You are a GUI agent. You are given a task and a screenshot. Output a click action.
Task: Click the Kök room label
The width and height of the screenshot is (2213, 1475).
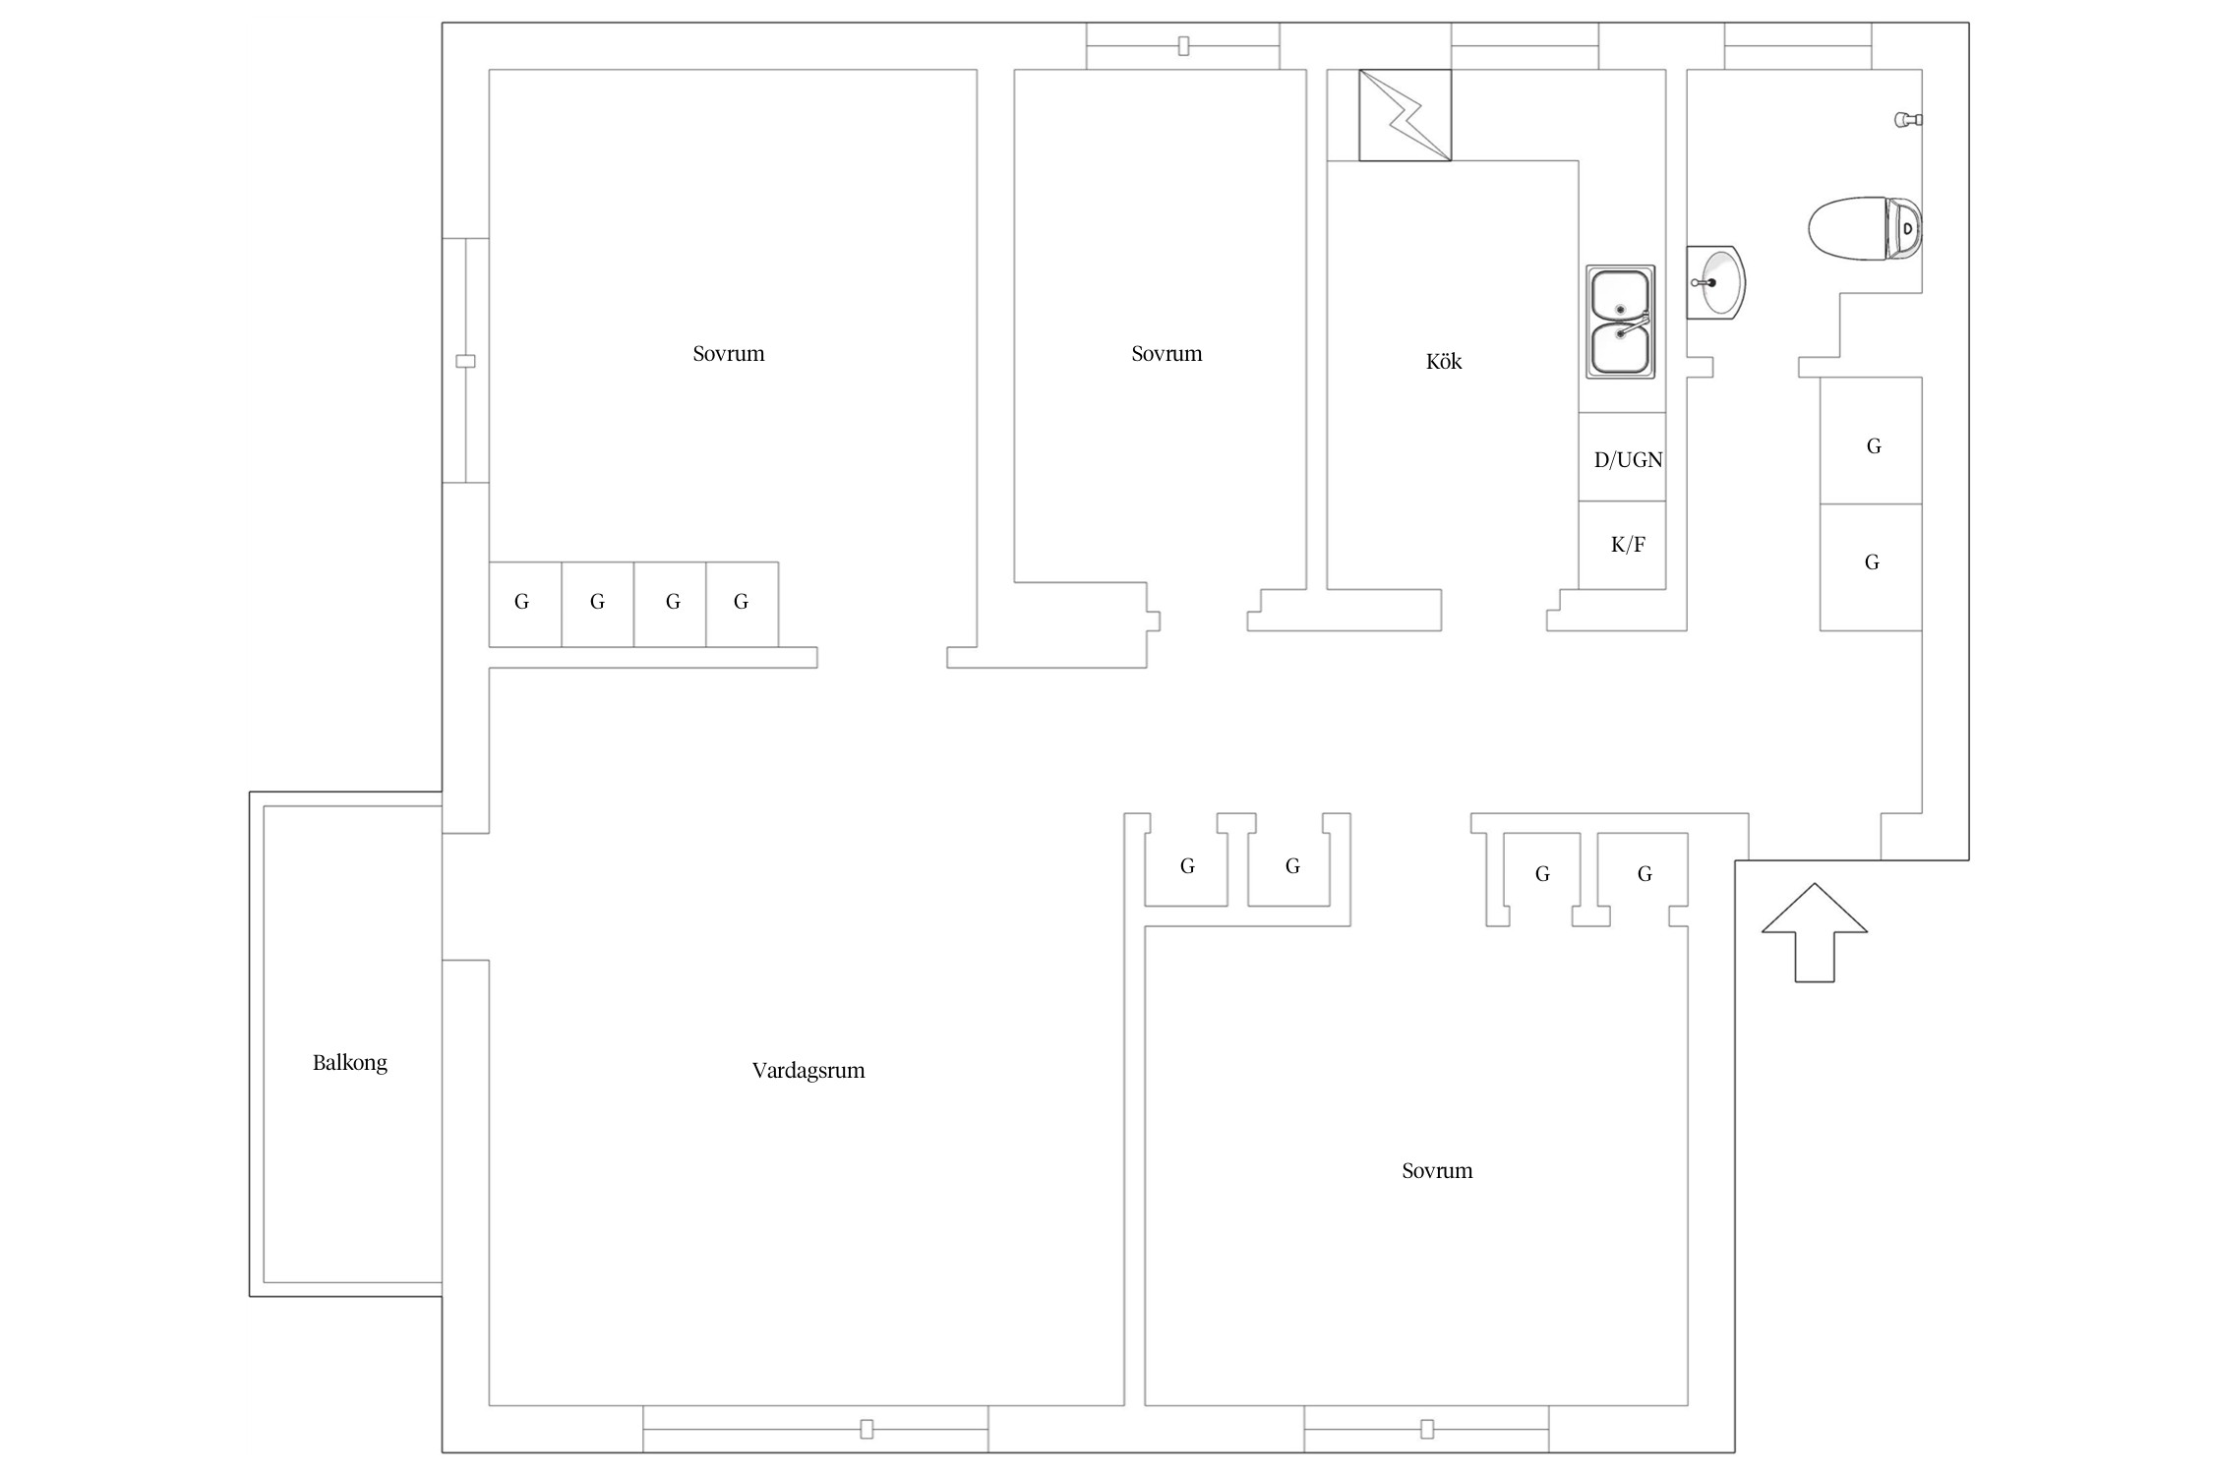[1443, 361]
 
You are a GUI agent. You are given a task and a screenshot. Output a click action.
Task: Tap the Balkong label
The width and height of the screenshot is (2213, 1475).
[350, 1063]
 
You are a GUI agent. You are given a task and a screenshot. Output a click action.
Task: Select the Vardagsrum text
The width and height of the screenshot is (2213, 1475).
[808, 1071]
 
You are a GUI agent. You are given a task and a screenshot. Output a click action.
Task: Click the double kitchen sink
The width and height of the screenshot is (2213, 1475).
[1620, 322]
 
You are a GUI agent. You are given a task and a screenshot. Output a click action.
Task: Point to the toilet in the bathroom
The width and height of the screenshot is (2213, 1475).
[1865, 229]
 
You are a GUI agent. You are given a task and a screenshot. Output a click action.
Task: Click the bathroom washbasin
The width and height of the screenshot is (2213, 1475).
[1716, 282]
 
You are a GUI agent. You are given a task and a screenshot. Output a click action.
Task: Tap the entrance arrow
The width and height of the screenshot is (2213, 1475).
[1814, 932]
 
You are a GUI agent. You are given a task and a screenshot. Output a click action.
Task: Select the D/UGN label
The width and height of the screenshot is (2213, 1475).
[1628, 459]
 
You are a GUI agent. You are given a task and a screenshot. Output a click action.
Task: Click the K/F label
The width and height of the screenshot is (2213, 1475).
[1628, 544]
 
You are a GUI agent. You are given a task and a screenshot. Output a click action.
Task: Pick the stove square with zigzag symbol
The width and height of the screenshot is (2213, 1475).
[1405, 115]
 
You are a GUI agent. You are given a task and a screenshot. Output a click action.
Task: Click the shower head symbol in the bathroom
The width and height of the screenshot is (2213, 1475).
[1908, 120]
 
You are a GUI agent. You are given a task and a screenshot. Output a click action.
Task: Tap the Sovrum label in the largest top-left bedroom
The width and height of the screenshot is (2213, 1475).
[728, 354]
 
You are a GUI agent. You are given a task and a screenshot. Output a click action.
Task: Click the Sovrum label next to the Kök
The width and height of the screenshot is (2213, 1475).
[1166, 354]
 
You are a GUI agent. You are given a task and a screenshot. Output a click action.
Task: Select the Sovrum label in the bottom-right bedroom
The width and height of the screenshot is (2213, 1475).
[1437, 1170]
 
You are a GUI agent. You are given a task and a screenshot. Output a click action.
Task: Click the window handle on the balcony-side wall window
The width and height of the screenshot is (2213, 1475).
[466, 361]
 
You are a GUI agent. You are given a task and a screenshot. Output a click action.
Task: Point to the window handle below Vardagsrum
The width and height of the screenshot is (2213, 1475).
[867, 1429]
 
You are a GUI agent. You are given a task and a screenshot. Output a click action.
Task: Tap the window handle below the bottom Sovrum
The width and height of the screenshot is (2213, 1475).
[1427, 1429]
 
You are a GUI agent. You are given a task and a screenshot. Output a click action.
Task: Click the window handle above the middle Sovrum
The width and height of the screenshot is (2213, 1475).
[1183, 45]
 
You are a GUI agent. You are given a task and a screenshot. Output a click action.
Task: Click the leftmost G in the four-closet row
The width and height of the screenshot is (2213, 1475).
[521, 602]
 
